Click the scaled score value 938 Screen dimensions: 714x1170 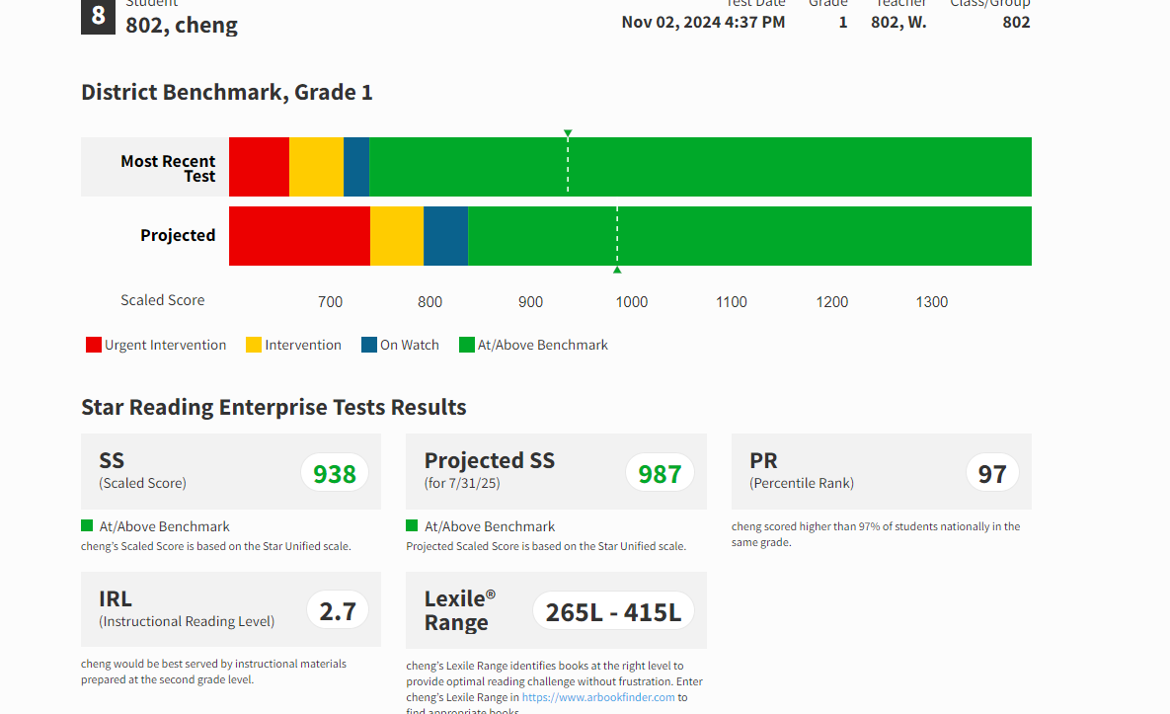[335, 474]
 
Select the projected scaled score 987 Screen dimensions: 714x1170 [660, 474]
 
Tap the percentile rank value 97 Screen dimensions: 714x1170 [991, 474]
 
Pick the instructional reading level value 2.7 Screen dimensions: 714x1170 [338, 611]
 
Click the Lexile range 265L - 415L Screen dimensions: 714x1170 [613, 611]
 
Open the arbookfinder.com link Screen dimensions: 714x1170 [598, 697]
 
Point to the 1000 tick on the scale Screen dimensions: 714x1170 [632, 302]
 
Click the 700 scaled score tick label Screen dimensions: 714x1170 [331, 302]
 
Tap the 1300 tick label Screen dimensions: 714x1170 [932, 302]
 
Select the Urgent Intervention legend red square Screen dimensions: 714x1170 [94, 345]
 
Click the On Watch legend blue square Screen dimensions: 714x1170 [369, 345]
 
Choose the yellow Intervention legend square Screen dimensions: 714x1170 [254, 345]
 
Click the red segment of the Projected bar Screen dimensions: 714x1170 [299, 236]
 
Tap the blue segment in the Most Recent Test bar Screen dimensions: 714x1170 [356, 167]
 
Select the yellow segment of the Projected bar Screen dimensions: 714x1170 [397, 236]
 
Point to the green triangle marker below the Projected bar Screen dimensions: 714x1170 [617, 270]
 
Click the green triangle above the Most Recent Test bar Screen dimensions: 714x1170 [568, 133]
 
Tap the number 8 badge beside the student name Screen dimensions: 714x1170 [98, 16]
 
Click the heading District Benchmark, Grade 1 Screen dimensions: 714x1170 [227, 93]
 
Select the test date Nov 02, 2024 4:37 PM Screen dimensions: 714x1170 [703, 22]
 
